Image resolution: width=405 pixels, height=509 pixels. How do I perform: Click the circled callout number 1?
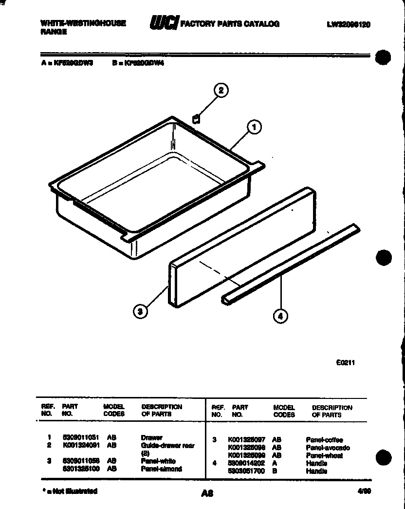tap(254, 128)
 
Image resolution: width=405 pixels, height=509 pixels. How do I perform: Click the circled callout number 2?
tap(221, 90)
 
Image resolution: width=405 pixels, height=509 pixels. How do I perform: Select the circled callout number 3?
tap(140, 312)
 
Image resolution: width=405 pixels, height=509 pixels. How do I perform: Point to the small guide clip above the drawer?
tap(196, 119)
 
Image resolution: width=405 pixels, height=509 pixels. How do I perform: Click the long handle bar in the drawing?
tap(291, 264)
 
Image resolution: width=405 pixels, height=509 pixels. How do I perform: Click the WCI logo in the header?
tap(164, 23)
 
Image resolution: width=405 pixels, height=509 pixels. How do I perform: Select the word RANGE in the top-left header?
tap(53, 31)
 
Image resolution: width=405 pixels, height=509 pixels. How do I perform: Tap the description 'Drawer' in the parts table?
tap(151, 438)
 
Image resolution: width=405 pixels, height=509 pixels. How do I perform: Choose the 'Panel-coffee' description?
tap(324, 440)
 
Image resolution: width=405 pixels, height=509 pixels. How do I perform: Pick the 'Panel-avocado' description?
tap(328, 448)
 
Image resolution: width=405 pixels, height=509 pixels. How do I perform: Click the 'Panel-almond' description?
tap(162, 469)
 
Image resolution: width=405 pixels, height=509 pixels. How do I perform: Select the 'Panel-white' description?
tap(158, 461)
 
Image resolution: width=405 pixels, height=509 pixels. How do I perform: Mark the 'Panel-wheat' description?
tap(324, 455)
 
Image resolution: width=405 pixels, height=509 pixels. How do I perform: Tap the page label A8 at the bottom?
tap(207, 493)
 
